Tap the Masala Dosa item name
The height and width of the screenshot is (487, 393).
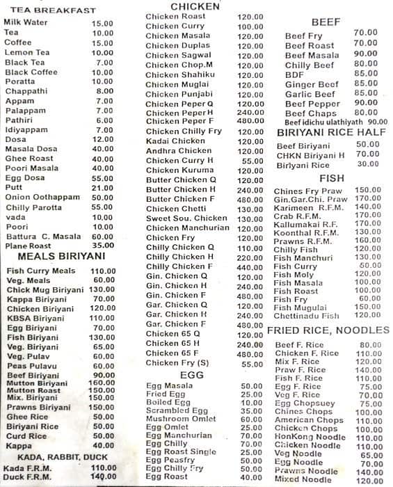click(x=29, y=149)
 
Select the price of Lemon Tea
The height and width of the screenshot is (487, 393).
click(x=102, y=53)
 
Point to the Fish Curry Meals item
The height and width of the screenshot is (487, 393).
click(x=40, y=271)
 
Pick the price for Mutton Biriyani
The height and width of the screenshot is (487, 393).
click(x=102, y=383)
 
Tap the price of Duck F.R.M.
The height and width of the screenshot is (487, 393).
click(x=103, y=477)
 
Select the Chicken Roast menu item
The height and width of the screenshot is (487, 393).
click(x=175, y=17)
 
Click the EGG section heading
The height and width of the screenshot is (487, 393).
click(x=191, y=375)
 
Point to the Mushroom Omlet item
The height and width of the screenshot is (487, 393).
click(x=178, y=419)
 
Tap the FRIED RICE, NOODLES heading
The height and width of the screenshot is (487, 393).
click(x=328, y=330)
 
